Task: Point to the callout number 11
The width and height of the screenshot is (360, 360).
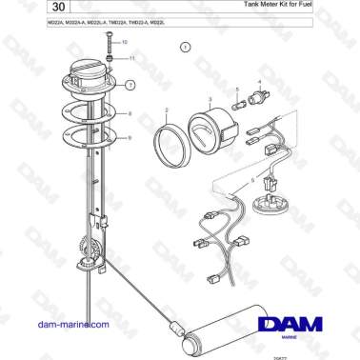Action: click(x=131, y=59)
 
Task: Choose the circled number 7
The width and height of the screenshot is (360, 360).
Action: click(x=130, y=85)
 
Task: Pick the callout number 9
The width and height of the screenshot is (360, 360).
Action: click(x=130, y=138)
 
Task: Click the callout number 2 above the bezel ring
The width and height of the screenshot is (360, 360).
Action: click(x=166, y=110)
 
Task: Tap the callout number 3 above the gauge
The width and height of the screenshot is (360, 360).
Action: click(x=209, y=98)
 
